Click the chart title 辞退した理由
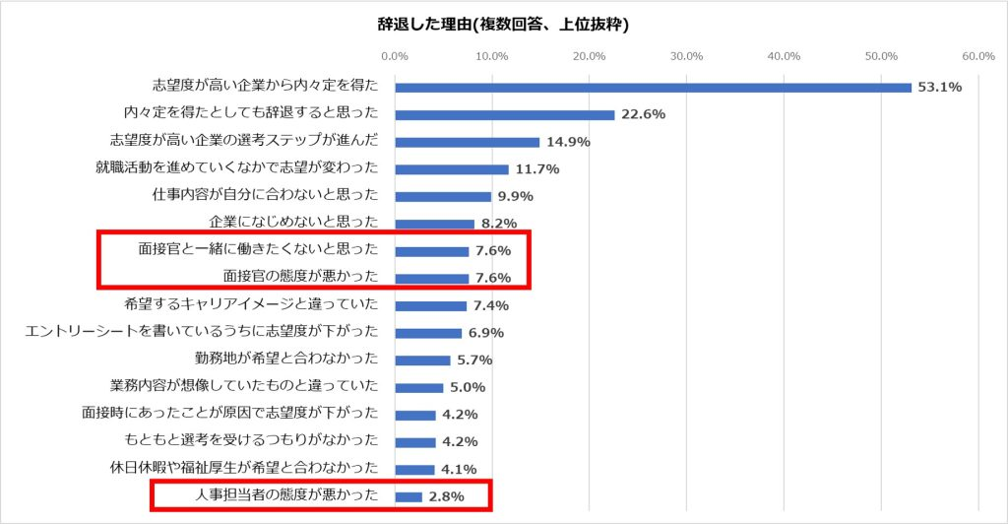[503, 25]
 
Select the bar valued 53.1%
[653, 87]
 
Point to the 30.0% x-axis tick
[686, 56]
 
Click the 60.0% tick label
[978, 56]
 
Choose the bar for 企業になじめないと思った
[434, 224]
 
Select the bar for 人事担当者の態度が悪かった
[409, 496]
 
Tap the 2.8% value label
[445, 496]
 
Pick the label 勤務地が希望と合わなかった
[287, 360]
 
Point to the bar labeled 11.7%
[452, 169]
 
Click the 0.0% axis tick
[395, 56]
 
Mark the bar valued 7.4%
[430, 305]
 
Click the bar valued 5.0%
[418, 387]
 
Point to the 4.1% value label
[458, 469]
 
